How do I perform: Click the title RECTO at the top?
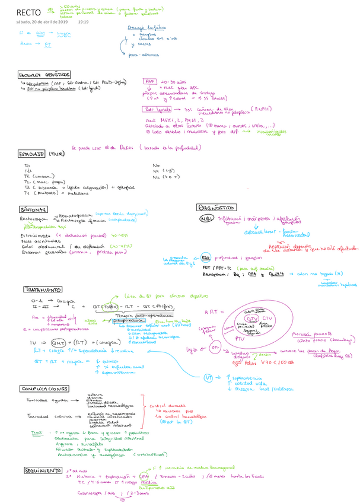click(x=26, y=12)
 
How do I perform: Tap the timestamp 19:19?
click(x=84, y=22)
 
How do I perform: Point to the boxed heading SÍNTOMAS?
click(x=33, y=210)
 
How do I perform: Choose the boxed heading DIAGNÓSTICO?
click(x=216, y=208)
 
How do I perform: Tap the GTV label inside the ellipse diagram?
click(x=252, y=319)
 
